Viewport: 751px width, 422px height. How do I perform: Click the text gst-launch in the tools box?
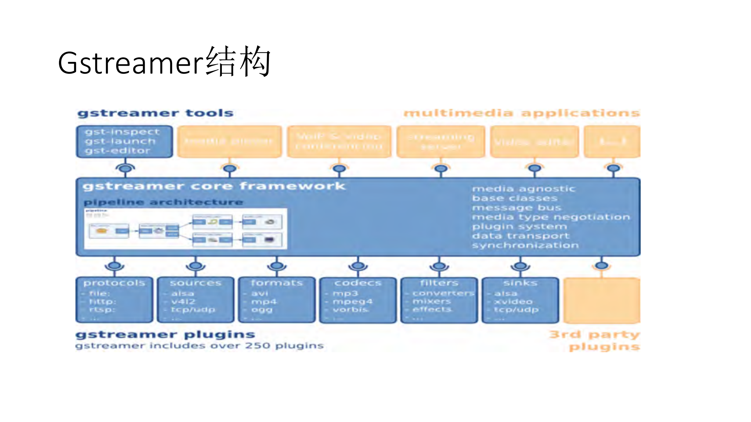pos(120,141)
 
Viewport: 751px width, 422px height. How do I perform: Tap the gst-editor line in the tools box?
pos(118,151)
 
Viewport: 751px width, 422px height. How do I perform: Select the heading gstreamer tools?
pos(156,113)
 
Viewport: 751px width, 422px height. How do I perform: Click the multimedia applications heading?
pos(522,113)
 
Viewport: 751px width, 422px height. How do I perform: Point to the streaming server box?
pos(441,142)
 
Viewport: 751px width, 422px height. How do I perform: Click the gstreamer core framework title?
pos(214,186)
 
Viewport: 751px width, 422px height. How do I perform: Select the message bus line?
pos(517,208)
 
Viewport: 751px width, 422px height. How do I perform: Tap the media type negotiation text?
pos(551,217)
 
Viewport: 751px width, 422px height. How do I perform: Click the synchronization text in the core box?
pos(525,245)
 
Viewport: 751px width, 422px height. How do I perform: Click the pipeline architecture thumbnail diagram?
pos(185,229)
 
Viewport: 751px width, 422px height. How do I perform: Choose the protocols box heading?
pos(114,283)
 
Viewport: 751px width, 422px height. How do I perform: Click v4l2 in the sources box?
pos(183,301)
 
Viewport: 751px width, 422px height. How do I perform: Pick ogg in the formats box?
pos(262,310)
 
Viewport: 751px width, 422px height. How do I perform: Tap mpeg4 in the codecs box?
pos(352,301)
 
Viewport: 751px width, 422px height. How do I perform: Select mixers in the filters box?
pos(431,301)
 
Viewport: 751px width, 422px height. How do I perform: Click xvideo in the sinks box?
pos(513,301)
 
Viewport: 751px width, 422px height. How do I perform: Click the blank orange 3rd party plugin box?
pos(602,300)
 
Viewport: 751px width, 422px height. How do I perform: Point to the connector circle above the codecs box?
pos(358,266)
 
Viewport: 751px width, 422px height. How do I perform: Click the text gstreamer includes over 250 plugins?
pos(200,346)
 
